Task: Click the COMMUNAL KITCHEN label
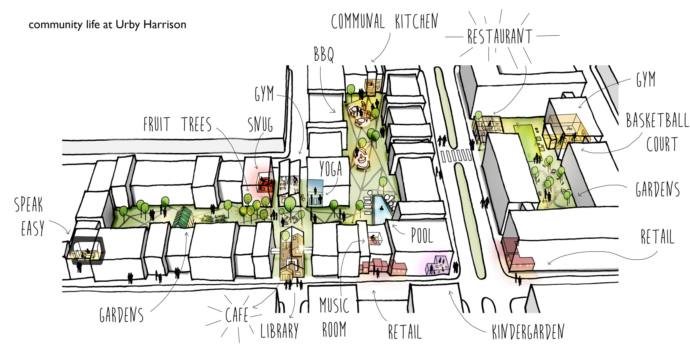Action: coord(385,21)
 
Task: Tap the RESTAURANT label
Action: coord(500,36)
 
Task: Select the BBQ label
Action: coord(324,54)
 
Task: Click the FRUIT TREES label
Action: coord(177,124)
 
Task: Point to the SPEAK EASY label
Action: coord(30,216)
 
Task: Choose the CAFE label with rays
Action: coord(237,315)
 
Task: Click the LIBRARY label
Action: coord(279,331)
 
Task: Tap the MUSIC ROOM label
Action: coord(334,317)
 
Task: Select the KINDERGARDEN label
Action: coord(528,331)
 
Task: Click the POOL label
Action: coord(422,235)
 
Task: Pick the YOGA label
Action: coord(331,168)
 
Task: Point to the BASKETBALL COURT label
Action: coord(657,132)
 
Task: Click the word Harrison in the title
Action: coord(165,24)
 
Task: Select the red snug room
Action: coord(265,185)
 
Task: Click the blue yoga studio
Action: coord(315,193)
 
